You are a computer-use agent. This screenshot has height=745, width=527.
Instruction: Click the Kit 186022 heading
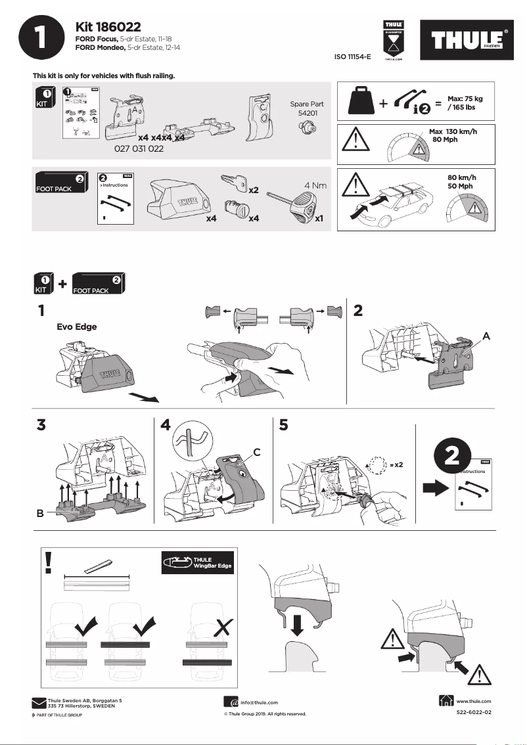point(108,26)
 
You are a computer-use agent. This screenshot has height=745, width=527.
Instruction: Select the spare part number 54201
point(304,114)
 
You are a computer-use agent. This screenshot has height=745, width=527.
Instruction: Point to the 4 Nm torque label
point(315,186)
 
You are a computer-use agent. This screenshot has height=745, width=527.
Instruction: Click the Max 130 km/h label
point(453,132)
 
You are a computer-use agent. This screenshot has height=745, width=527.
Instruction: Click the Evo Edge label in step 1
point(78,326)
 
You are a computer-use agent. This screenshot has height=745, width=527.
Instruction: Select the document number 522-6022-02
point(473,712)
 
